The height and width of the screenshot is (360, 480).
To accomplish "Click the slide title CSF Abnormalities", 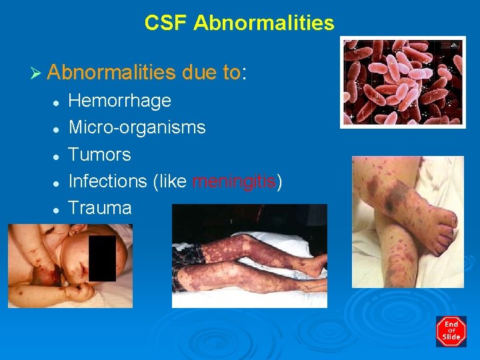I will [239, 23].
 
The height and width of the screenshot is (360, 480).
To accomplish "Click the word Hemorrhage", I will [120, 101].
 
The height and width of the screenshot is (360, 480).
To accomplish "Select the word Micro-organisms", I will [137, 127].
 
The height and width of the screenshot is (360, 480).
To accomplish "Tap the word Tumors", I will [100, 155].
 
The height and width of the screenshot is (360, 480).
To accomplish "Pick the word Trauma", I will [100, 207].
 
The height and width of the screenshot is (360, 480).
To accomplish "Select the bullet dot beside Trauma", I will [58, 209].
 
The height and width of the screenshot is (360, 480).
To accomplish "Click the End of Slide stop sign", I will [451, 331].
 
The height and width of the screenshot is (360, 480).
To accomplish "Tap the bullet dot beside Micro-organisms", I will [58, 129].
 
